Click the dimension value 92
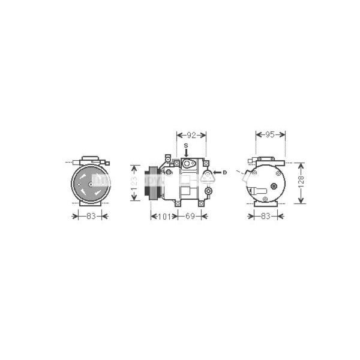(191, 135)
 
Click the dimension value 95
(270, 135)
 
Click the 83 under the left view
(90, 215)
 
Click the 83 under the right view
(266, 215)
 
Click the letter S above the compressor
(186, 146)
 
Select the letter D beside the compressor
(224, 173)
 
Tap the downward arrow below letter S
(186, 153)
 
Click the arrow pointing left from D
(217, 173)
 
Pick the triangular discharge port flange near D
(208, 175)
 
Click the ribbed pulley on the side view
(153, 183)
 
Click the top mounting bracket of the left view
(90, 160)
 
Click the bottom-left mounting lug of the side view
(178, 203)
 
